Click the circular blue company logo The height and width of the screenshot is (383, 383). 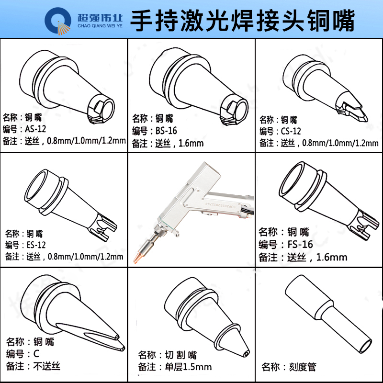click(x=57, y=21)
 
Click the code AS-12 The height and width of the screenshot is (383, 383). click(x=35, y=129)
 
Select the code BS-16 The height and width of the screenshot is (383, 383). click(x=166, y=131)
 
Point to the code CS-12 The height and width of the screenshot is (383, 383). click(x=291, y=131)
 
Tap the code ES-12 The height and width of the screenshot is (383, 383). click(x=36, y=245)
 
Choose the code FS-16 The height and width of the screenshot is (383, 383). click(x=300, y=244)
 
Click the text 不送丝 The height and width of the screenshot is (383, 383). click(x=46, y=366)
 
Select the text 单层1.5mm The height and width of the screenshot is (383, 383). click(x=188, y=367)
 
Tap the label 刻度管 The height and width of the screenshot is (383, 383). click(x=303, y=367)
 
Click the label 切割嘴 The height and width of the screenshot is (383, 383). click(x=181, y=355)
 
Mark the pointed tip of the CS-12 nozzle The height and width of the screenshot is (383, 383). click(x=366, y=119)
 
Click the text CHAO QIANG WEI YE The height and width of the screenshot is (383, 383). click(x=100, y=26)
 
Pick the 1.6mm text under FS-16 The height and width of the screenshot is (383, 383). click(x=332, y=257)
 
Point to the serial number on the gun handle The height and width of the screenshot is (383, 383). click(x=219, y=205)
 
